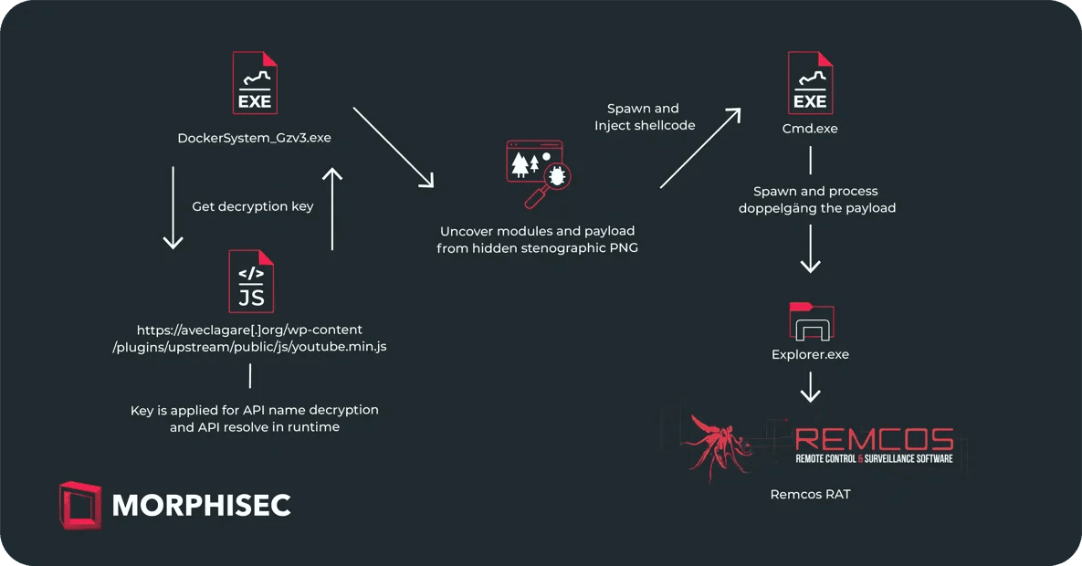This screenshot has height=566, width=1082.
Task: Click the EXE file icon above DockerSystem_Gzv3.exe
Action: click(255, 83)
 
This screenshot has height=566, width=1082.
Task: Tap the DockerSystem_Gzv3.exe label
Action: click(254, 138)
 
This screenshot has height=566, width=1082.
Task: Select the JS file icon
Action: click(251, 281)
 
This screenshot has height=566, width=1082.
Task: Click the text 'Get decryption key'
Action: click(253, 206)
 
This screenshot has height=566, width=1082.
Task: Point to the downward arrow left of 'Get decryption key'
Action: click(173, 207)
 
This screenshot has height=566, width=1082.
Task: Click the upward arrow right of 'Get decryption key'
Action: click(332, 208)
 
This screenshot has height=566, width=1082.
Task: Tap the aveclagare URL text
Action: click(249, 338)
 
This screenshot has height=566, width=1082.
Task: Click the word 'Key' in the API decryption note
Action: click(142, 410)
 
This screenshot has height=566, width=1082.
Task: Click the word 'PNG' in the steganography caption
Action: click(623, 247)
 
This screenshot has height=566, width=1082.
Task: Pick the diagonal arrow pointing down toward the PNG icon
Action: click(394, 147)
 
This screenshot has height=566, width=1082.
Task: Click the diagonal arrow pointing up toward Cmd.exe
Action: click(700, 148)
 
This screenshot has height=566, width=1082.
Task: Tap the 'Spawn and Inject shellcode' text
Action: click(645, 117)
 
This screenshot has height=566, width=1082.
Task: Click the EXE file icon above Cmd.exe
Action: click(810, 83)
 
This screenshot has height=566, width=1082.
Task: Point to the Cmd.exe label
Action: click(810, 129)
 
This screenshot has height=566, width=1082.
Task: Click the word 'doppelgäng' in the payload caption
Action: click(777, 208)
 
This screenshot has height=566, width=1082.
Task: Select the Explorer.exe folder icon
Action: click(812, 321)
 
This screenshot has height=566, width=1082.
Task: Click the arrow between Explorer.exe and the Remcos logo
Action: click(810, 386)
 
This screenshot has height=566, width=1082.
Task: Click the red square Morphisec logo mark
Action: click(80, 505)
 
